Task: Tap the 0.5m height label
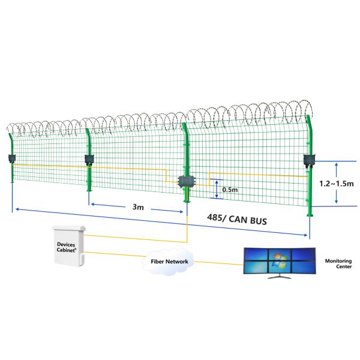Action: click(x=230, y=190)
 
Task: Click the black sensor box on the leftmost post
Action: click(x=11, y=159)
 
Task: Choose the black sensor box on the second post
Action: click(x=89, y=160)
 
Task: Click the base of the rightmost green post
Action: click(x=310, y=214)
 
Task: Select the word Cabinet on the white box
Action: click(x=66, y=251)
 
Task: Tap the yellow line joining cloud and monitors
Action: click(x=216, y=262)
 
